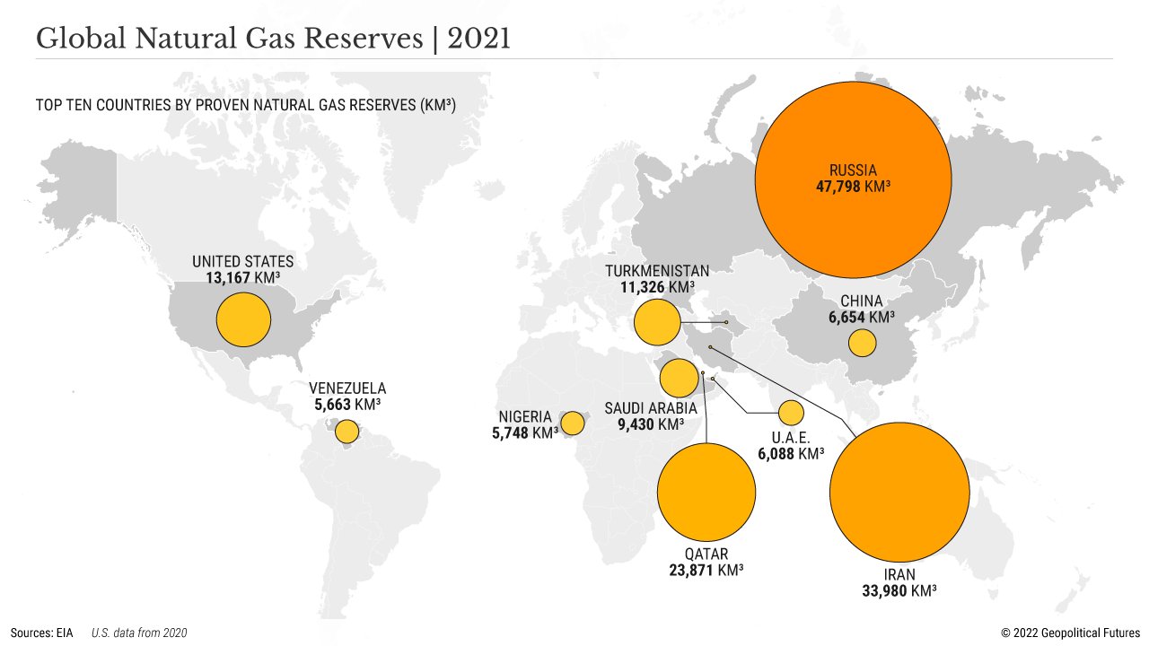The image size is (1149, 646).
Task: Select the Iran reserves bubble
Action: [x=899, y=492]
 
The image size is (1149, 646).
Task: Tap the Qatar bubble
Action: [x=706, y=493]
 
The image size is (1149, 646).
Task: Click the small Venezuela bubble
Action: [x=346, y=432]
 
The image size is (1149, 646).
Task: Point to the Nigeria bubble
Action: [x=572, y=423]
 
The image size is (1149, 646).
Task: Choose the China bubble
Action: [x=862, y=343]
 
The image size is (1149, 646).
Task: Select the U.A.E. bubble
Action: [x=790, y=413]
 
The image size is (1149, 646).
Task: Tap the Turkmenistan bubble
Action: [x=656, y=323]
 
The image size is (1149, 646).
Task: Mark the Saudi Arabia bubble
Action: [x=679, y=379]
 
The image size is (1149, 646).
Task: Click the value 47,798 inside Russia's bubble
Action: [x=838, y=188]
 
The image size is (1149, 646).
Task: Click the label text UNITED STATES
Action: [x=242, y=262]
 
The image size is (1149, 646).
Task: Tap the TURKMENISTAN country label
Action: [x=657, y=271]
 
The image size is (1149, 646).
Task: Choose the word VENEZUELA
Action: [x=347, y=388]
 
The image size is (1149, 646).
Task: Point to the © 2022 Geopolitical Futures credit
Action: [x=1070, y=633]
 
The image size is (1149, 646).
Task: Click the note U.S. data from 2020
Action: [x=139, y=633]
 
